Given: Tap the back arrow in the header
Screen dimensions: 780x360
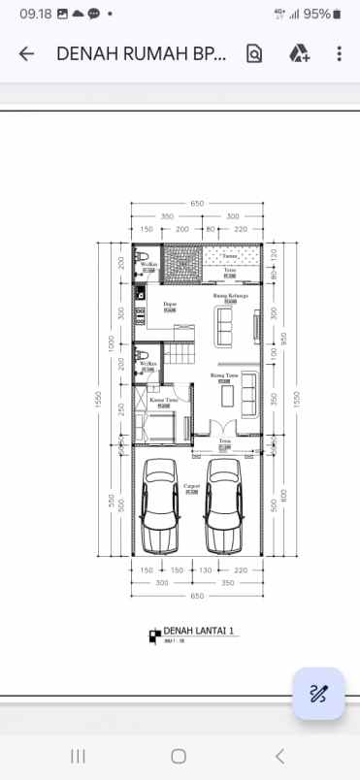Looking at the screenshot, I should (26, 54).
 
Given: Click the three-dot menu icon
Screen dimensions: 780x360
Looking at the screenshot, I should (339, 54).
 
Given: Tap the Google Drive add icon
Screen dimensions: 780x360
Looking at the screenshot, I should (299, 54).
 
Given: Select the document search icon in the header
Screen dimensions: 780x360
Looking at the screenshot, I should (254, 54).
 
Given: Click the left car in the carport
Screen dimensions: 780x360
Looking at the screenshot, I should (158, 504).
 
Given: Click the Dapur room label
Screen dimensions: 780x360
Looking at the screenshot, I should (170, 304).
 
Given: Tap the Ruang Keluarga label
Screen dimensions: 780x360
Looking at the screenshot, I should (230, 295).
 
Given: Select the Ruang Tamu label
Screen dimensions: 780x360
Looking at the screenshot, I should (224, 374).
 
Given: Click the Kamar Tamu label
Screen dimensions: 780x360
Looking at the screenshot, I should (163, 399).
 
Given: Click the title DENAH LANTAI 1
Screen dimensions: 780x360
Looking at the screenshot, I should (198, 631).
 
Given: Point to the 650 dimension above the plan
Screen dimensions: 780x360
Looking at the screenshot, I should (197, 203).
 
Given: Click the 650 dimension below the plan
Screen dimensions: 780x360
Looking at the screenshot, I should (197, 595).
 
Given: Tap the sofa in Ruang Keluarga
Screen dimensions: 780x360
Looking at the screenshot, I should (225, 327).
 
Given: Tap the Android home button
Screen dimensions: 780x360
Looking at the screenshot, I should (179, 756).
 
